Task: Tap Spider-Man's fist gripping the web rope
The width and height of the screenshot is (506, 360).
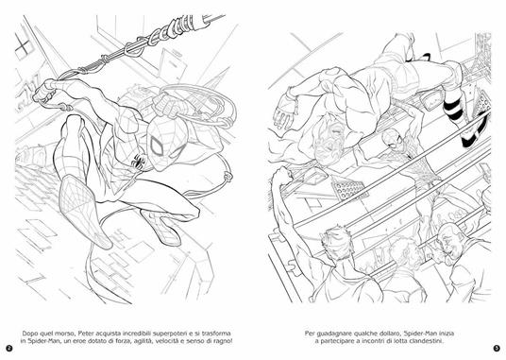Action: click(x=45, y=92)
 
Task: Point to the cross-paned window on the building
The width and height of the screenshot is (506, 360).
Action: click(x=23, y=47)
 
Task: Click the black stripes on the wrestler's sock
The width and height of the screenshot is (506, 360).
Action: click(x=453, y=109)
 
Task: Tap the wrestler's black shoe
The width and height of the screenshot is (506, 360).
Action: click(x=474, y=131)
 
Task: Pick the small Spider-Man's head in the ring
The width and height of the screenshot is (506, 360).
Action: click(x=392, y=138)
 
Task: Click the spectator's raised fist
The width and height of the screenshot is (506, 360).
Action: click(x=282, y=175)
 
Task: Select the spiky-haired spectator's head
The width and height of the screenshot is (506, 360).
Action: click(x=336, y=241)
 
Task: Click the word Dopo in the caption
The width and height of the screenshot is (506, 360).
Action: click(x=30, y=334)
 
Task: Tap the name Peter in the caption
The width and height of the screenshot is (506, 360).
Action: click(x=87, y=334)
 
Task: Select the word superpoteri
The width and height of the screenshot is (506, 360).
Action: click(x=169, y=334)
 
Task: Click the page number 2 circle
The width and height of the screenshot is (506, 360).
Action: click(x=9, y=348)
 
